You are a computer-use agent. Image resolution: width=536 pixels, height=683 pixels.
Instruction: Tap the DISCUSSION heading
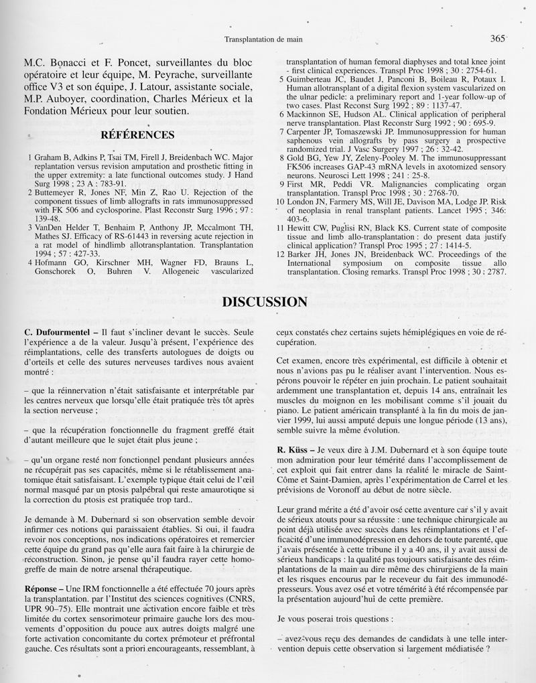click(x=265, y=302)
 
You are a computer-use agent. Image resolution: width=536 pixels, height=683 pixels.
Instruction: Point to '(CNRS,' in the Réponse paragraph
click(x=236, y=598)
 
